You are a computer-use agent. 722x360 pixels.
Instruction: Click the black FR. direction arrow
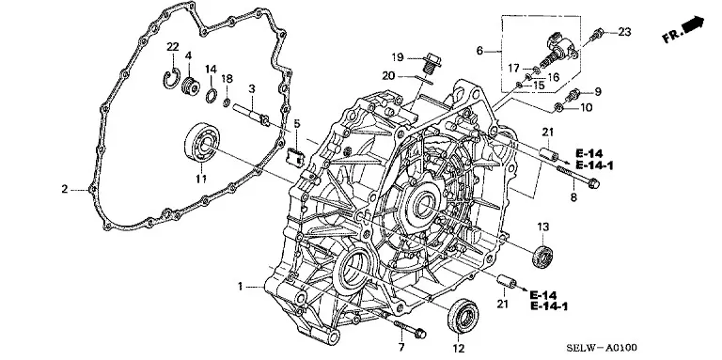[693, 24]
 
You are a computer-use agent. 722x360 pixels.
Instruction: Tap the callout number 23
[624, 32]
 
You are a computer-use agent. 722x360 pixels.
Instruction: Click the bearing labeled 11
[202, 142]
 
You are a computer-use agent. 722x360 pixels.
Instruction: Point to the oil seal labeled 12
[464, 315]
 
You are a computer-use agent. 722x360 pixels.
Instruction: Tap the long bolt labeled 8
[578, 177]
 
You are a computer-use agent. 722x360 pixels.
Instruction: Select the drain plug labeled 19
[432, 65]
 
